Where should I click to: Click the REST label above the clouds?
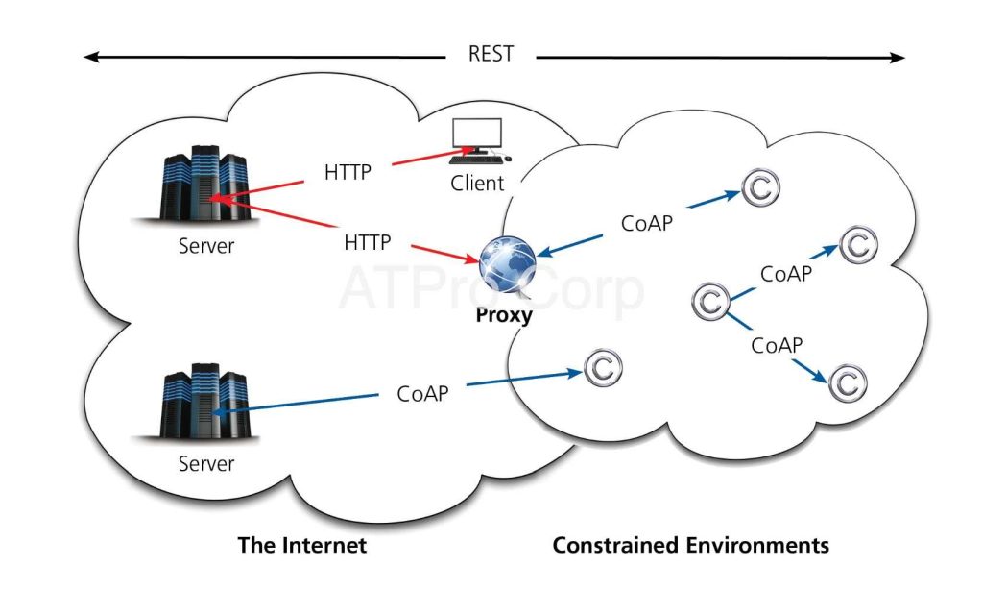pos(491,54)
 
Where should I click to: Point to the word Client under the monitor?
pos(477,183)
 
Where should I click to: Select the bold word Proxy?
pos(504,315)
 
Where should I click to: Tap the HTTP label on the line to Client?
pos(348,174)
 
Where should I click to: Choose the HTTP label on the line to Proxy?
pos(367,242)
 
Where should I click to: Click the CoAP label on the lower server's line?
pos(422,394)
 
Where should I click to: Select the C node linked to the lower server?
pos(603,367)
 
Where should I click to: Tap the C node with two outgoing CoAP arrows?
pos(711,303)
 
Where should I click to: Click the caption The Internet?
pos(302,546)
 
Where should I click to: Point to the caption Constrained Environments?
pos(690,546)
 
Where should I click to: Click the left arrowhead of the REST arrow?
pos(90,58)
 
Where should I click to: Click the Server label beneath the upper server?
pos(206,246)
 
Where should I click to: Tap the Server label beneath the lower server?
pos(206,464)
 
